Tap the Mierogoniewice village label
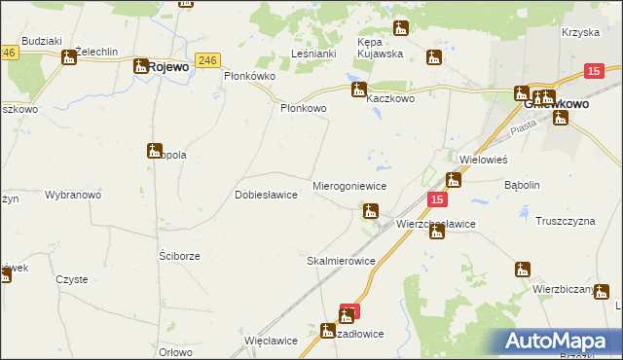pyautogui.click(x=349, y=185)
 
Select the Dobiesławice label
pyautogui.click(x=266, y=195)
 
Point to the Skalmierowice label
pyautogui.click(x=341, y=261)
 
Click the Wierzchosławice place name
pyautogui.click(x=435, y=224)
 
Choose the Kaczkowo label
pyautogui.click(x=390, y=99)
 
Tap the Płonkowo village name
pyautogui.click(x=304, y=109)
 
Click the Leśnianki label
pyautogui.click(x=313, y=54)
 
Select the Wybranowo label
pyautogui.click(x=73, y=195)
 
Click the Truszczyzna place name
pyautogui.click(x=565, y=221)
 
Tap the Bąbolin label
pyautogui.click(x=522, y=184)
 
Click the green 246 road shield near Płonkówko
pyautogui.click(x=204, y=59)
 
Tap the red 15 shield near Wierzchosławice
pyautogui.click(x=437, y=199)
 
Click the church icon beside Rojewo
pyautogui.click(x=140, y=66)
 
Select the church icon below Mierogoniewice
pyautogui.click(x=370, y=210)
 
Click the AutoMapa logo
pyautogui.click(x=559, y=341)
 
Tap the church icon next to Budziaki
pyautogui.click(x=69, y=57)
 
